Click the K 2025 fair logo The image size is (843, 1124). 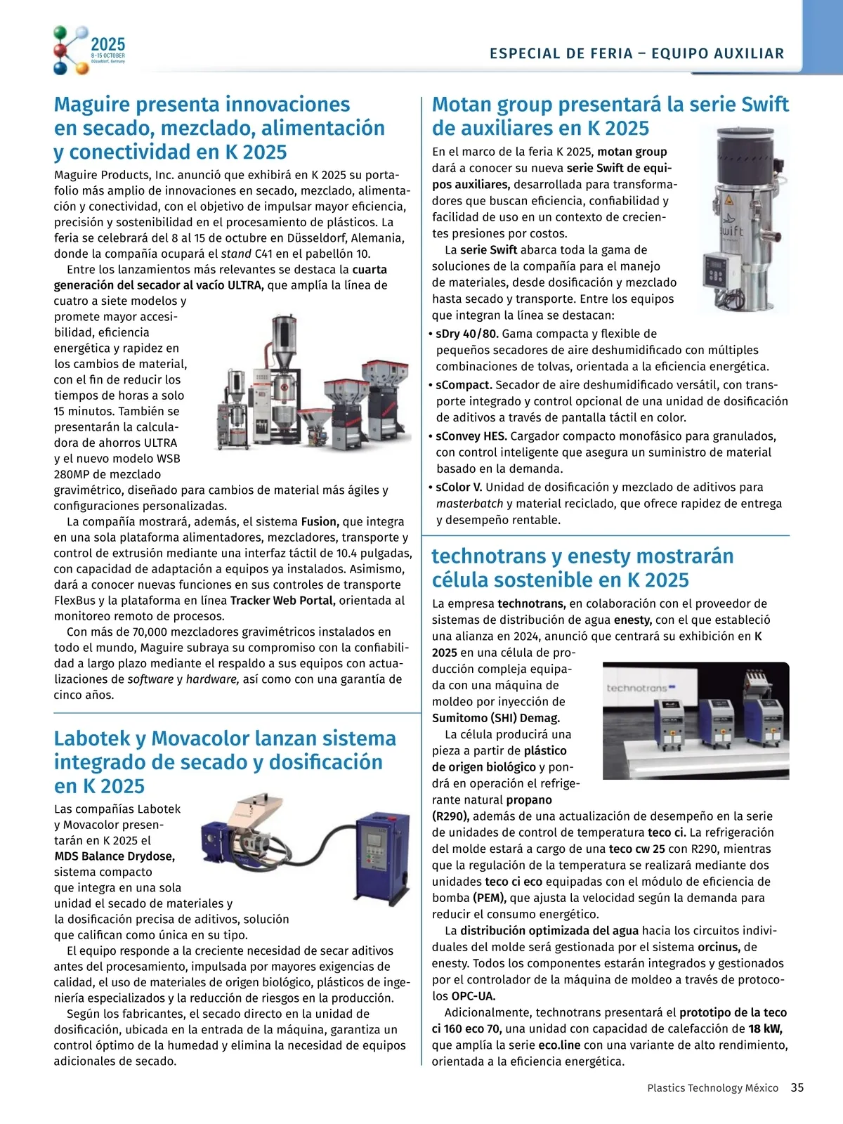pyautogui.click(x=89, y=49)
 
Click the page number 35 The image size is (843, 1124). pyautogui.click(x=797, y=1087)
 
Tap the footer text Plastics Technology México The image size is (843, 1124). pyautogui.click(x=712, y=1087)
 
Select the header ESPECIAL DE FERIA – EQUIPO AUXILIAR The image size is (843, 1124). pyautogui.click(x=636, y=53)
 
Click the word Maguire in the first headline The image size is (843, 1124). pyautogui.click(x=92, y=105)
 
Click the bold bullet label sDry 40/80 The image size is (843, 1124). pyautogui.click(x=466, y=334)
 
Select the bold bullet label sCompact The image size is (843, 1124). pyautogui.click(x=464, y=385)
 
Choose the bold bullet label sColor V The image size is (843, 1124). pyautogui.click(x=459, y=488)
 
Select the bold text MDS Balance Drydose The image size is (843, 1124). pyautogui.click(x=115, y=856)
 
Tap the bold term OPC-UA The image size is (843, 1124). pyautogui.click(x=473, y=996)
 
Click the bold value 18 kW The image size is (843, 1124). pyautogui.click(x=765, y=1029)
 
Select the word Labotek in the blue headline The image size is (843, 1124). pyautogui.click(x=92, y=739)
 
